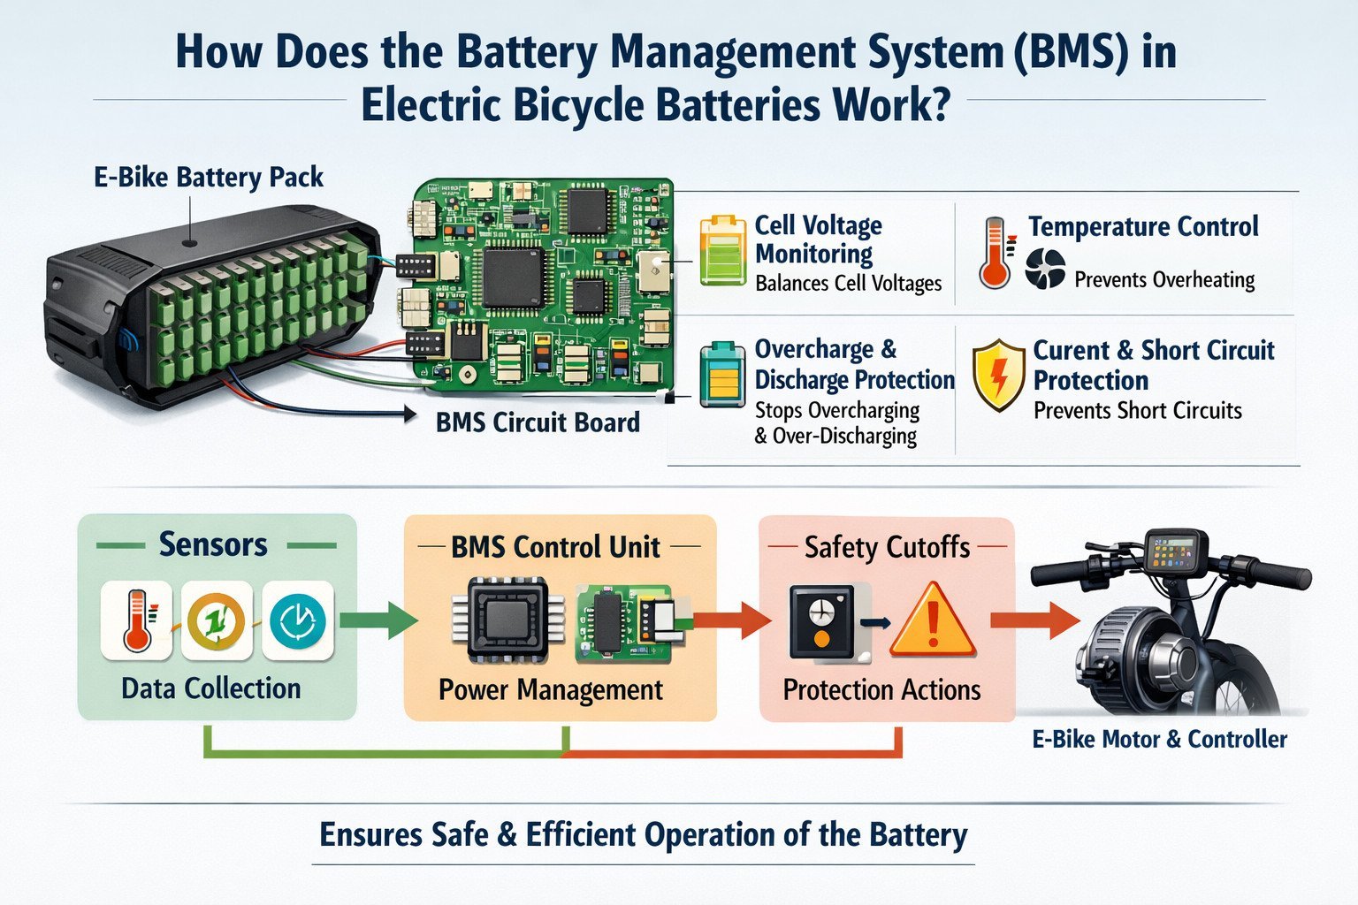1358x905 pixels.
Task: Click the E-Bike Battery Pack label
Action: [209, 177]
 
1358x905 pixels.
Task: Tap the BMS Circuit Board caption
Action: [538, 422]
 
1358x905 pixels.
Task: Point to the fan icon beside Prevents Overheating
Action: [1045, 269]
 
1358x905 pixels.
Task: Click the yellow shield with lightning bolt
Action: [998, 375]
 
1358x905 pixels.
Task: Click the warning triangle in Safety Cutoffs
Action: [932, 621]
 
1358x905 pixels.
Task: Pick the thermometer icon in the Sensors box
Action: [136, 620]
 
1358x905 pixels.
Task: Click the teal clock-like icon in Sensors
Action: [297, 620]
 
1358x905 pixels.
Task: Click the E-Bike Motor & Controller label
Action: [1159, 739]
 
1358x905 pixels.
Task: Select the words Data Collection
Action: [210, 688]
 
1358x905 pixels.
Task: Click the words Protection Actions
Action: [881, 689]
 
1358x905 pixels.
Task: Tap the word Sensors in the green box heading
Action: [213, 544]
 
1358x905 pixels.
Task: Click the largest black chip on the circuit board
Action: [512, 278]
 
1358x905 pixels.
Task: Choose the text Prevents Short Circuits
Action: [1137, 411]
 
